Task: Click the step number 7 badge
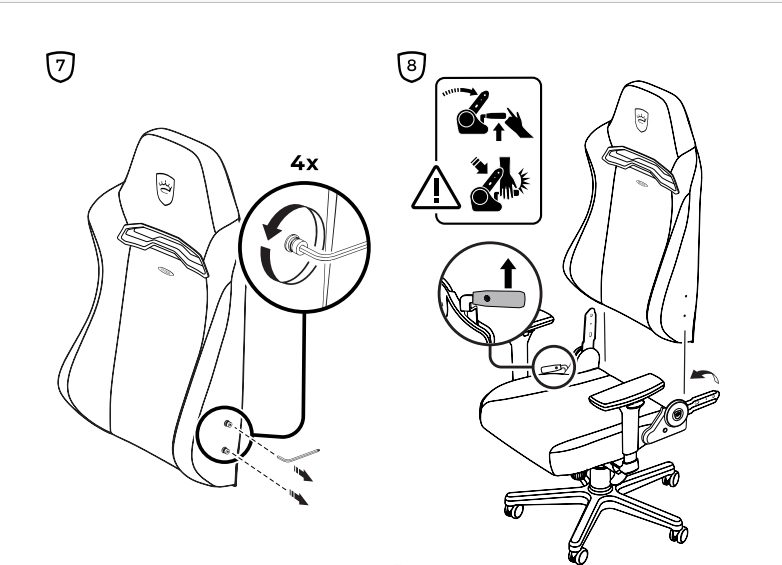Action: pos(60,66)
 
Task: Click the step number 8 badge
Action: pos(411,66)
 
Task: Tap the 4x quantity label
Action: pos(304,163)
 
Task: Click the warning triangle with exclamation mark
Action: pos(436,188)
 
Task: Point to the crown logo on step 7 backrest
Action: pos(165,189)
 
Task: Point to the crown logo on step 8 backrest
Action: pos(641,120)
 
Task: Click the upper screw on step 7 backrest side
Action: pos(228,424)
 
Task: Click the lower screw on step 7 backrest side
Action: pos(225,451)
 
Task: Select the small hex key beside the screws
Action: pos(298,455)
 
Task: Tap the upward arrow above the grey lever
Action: pos(508,273)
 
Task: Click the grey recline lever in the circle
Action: pos(499,299)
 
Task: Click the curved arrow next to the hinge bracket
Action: pos(703,375)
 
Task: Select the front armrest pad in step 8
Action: pos(627,391)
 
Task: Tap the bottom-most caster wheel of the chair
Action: pos(578,556)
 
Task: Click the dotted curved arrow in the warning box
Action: pos(460,92)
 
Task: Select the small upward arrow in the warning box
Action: pos(498,132)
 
